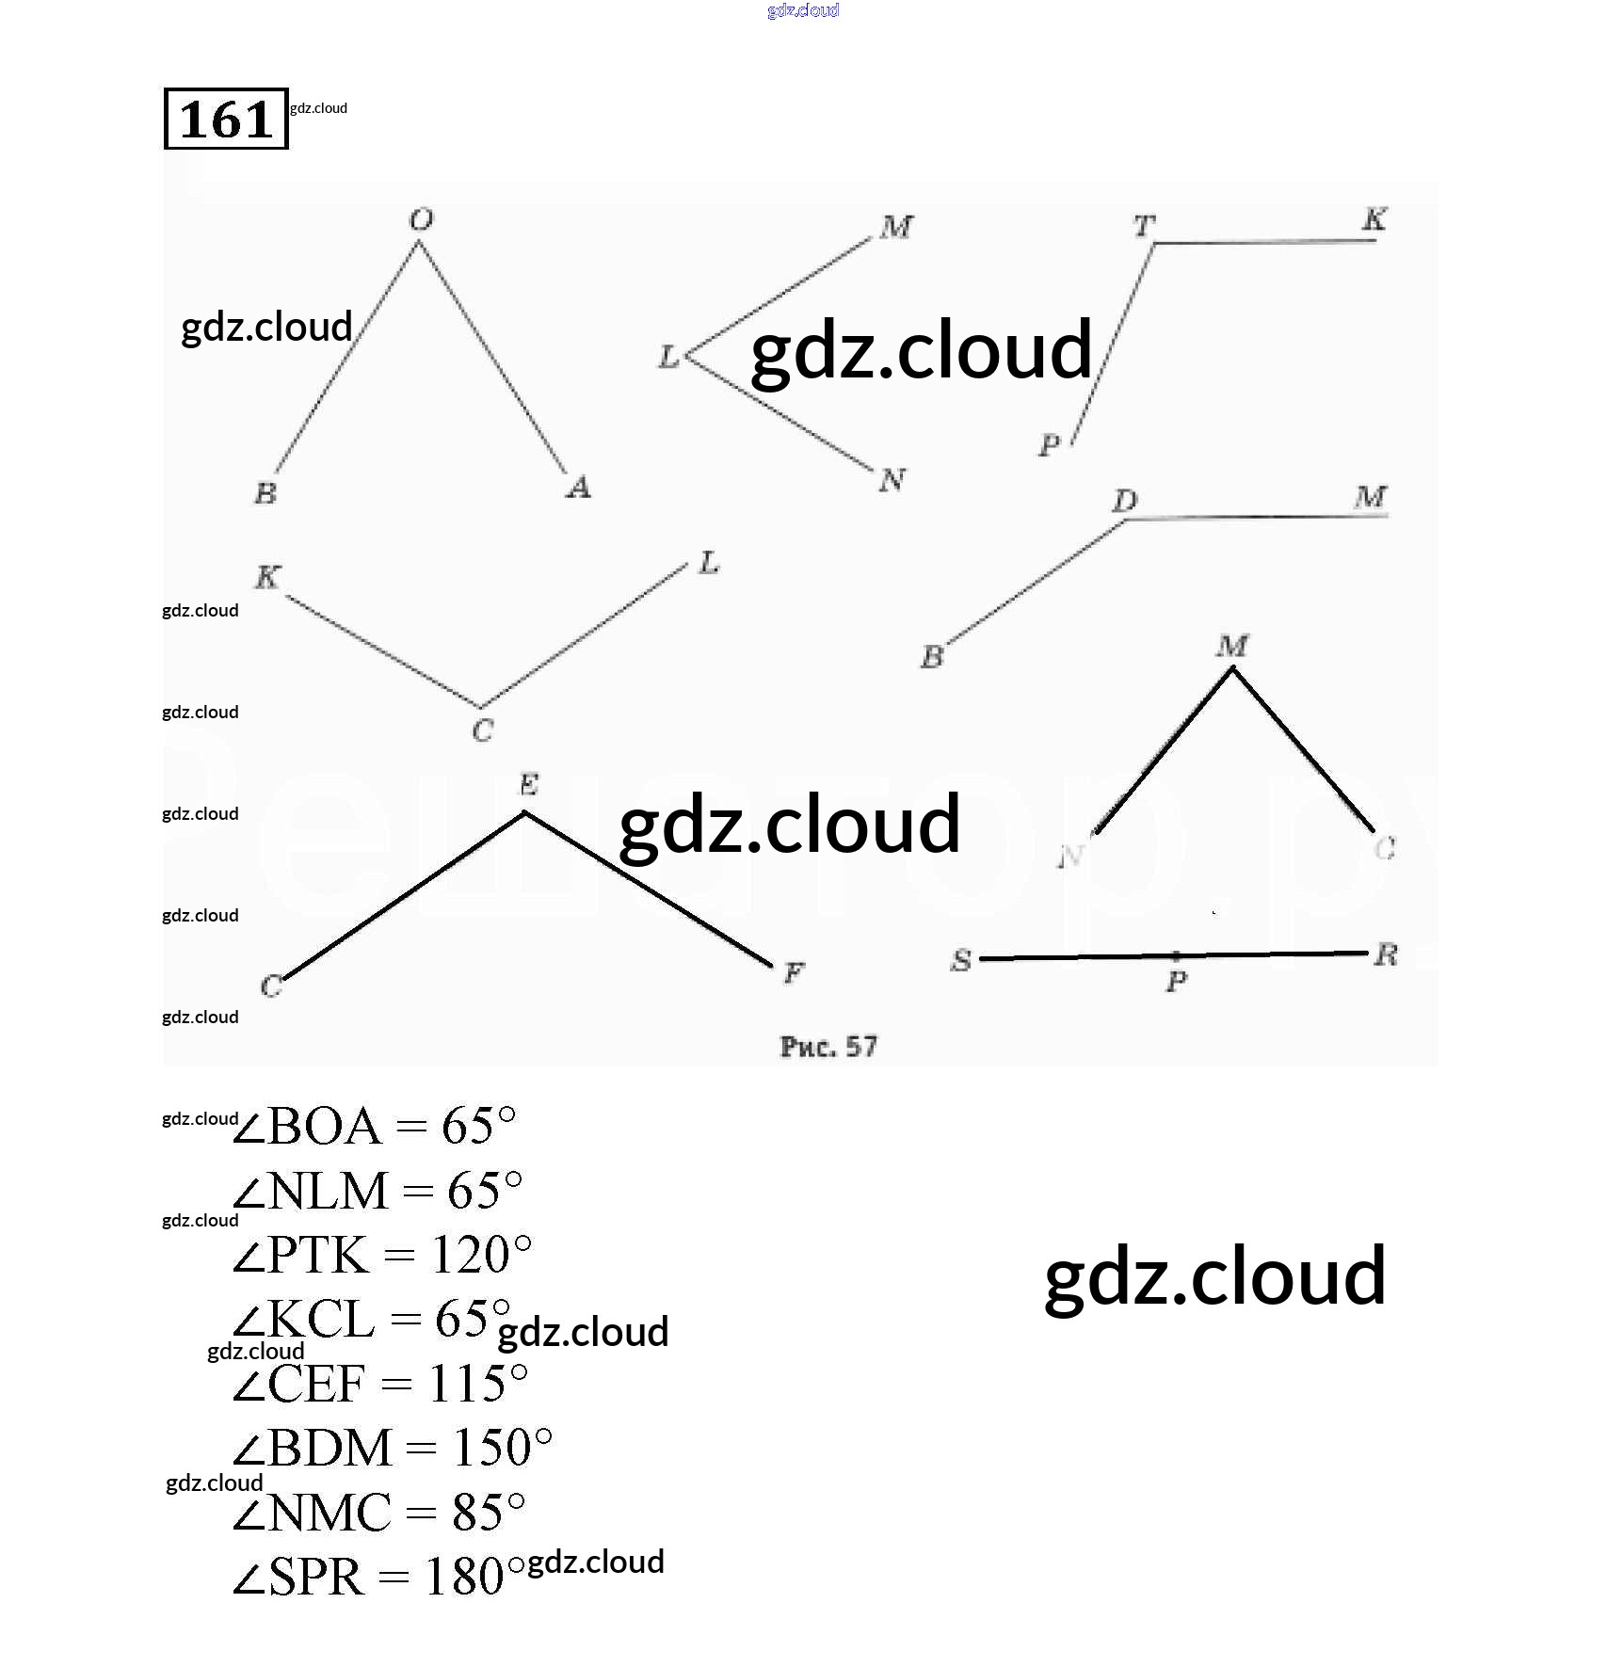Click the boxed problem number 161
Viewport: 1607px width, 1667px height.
[225, 119]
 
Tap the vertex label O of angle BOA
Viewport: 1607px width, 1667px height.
[421, 220]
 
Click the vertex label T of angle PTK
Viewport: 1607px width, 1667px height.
[1144, 226]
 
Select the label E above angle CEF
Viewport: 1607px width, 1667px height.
[528, 784]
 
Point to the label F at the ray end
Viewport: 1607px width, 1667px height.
[794, 972]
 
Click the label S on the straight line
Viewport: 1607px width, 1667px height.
[960, 960]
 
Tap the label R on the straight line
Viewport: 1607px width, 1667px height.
[1385, 955]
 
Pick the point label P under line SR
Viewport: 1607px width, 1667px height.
[1176, 983]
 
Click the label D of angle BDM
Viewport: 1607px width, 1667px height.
[1125, 502]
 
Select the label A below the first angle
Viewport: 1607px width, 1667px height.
[578, 488]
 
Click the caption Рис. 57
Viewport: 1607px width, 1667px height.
[828, 1047]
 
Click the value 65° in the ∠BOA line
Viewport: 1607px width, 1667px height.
[478, 1126]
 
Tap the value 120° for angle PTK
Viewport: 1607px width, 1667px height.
[480, 1255]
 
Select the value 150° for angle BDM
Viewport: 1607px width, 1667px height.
[502, 1448]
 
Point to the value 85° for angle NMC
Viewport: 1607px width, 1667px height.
[488, 1513]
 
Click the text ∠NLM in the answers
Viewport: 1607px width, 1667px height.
[311, 1191]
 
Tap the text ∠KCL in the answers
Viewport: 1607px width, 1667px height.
[304, 1319]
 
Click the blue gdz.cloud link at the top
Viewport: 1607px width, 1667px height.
[803, 10]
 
